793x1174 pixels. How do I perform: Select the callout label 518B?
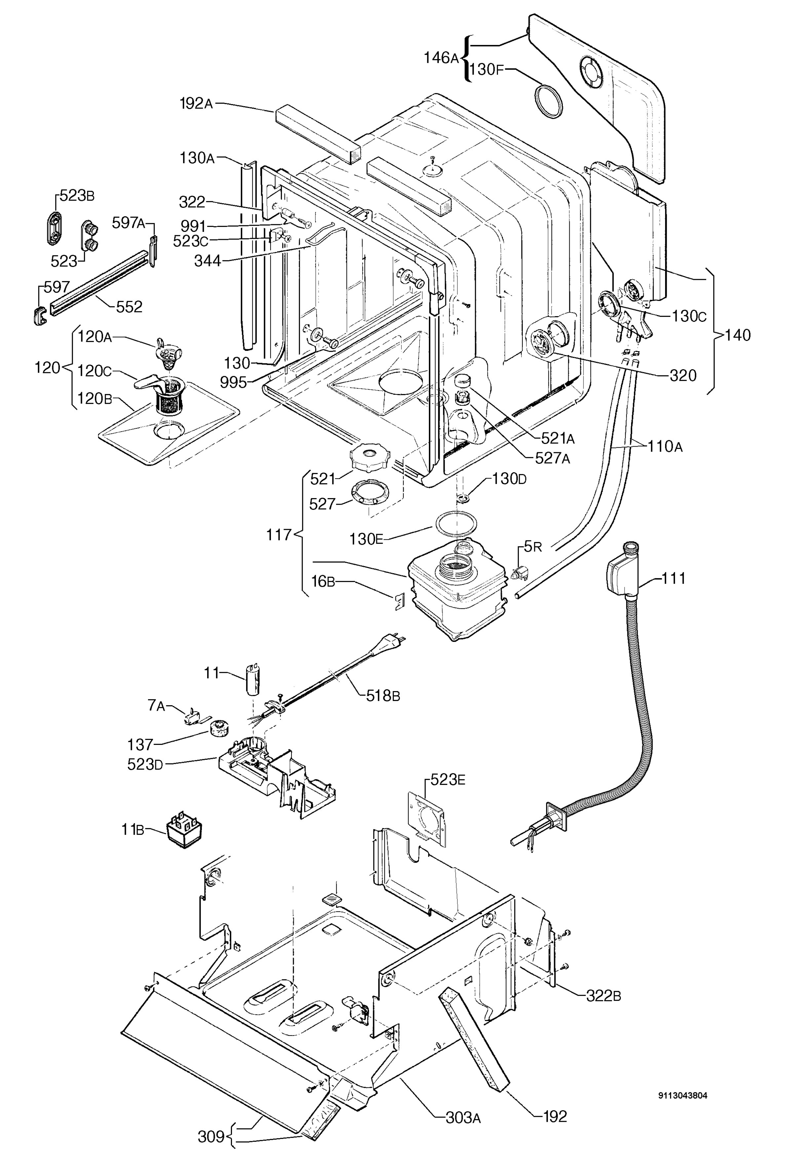(383, 696)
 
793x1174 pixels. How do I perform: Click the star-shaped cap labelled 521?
(370, 456)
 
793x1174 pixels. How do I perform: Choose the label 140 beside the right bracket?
(737, 335)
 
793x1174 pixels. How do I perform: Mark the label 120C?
(94, 370)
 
